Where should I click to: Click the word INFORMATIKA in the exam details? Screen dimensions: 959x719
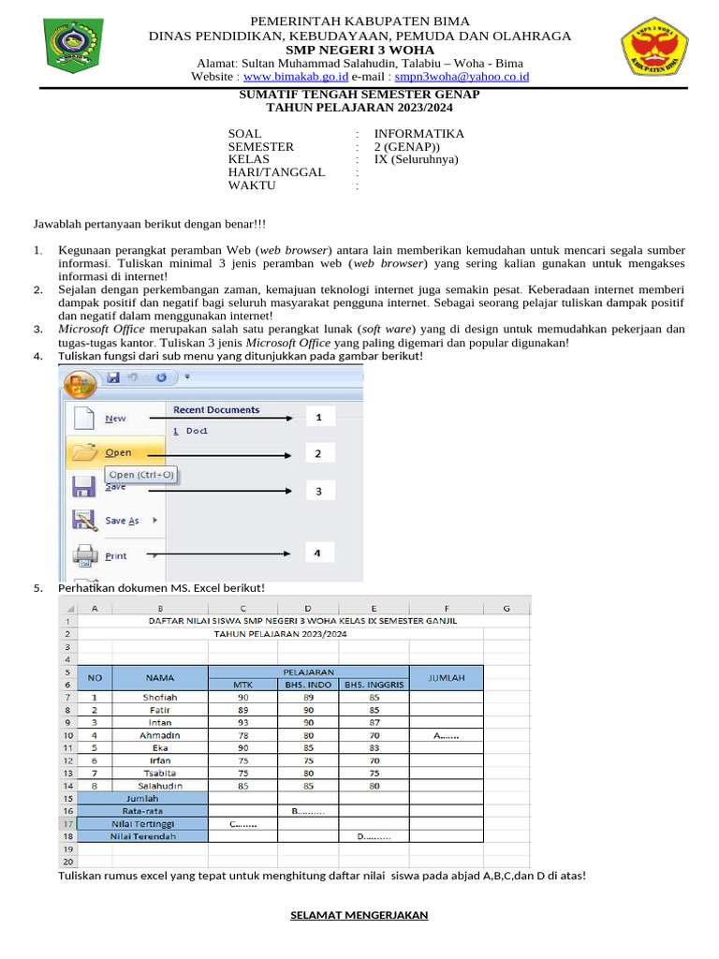click(418, 134)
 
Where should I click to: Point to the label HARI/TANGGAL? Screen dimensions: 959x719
click(276, 172)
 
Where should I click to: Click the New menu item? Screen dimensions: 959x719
click(115, 419)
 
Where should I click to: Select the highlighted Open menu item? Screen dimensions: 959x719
click(118, 453)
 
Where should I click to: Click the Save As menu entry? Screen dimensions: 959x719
click(122, 521)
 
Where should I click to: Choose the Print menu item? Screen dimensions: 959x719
click(116, 555)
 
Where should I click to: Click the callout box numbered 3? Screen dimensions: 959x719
click(318, 491)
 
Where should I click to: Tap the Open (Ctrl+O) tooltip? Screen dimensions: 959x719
click(140, 475)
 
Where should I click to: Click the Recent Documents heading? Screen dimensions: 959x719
click(216, 410)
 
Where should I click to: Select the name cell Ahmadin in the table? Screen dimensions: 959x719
click(159, 735)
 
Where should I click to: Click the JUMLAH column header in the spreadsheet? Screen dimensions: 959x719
click(446, 677)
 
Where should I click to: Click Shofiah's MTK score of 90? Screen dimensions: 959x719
click(242, 697)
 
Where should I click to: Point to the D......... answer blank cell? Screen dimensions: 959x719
click(374, 836)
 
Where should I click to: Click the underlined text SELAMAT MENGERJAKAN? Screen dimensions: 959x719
click(359, 915)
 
